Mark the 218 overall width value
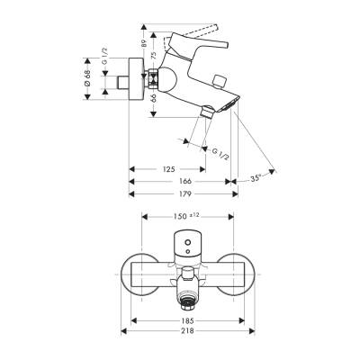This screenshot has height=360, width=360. point(184,334)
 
